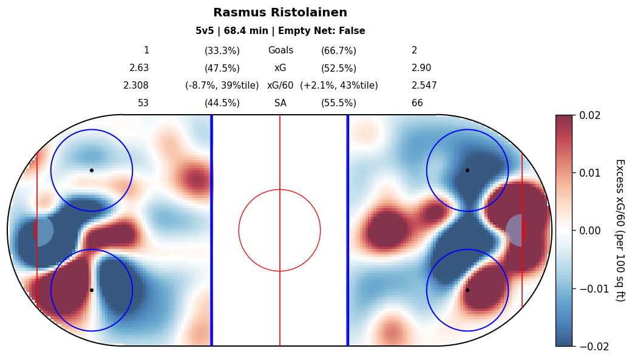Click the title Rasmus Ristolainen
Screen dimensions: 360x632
pos(280,13)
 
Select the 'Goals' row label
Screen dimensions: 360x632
pos(280,50)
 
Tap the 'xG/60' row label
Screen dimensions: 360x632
pos(280,86)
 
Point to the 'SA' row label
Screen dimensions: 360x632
pos(280,103)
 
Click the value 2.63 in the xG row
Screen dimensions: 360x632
pos(139,68)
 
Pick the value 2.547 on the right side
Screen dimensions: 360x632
pos(424,86)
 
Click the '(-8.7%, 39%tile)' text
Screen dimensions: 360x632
pos(222,86)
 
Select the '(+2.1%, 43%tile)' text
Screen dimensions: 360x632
pos(339,86)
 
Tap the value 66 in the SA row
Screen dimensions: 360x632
pos(417,103)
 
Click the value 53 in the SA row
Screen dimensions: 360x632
pos(143,103)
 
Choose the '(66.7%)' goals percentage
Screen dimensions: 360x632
pos(339,50)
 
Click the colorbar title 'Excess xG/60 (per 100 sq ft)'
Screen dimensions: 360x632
pos(619,230)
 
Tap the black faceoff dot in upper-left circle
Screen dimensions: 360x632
pos(92,170)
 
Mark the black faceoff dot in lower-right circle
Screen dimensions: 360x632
pos(467,290)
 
